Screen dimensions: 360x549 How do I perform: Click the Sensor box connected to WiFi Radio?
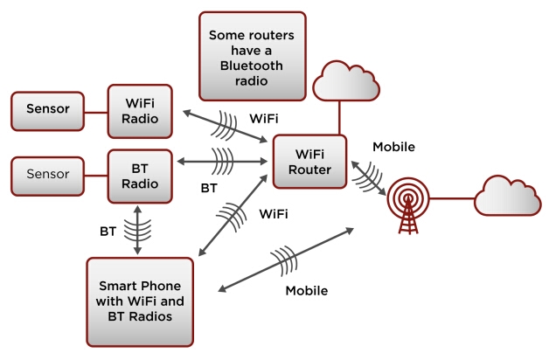(x=47, y=110)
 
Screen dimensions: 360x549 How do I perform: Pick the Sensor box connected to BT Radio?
(x=47, y=175)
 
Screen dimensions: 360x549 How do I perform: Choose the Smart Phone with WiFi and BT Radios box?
(x=140, y=301)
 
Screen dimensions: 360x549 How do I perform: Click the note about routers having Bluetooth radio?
(x=253, y=55)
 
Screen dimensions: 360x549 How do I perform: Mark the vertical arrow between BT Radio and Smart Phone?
(x=138, y=230)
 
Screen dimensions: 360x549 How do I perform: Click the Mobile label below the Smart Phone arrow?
(x=306, y=290)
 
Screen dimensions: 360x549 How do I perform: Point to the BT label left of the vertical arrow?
(x=108, y=232)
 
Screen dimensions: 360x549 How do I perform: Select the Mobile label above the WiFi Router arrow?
(x=393, y=147)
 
